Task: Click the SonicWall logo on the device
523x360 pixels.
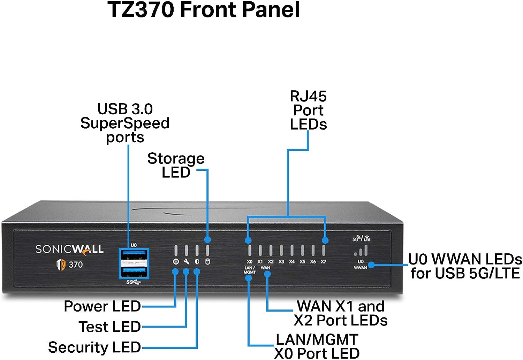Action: (x=69, y=249)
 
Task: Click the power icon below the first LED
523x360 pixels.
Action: (x=176, y=261)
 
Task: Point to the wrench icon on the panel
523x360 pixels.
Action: (x=186, y=261)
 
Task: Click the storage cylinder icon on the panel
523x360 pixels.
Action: (x=207, y=261)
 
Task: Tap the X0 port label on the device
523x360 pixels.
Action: (x=250, y=261)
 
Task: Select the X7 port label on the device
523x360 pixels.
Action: (x=324, y=261)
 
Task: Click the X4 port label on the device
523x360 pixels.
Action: (x=292, y=261)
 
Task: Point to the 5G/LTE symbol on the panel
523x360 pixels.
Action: (x=361, y=239)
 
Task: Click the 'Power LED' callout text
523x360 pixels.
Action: (x=102, y=306)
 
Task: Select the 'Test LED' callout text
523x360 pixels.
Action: (x=109, y=327)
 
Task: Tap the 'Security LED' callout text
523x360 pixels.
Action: (x=94, y=347)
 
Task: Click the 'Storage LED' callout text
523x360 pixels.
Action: (x=176, y=165)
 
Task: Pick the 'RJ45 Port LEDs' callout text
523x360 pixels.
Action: (x=308, y=110)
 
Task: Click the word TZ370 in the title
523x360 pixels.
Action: (x=141, y=9)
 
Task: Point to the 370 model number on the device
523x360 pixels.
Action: (x=76, y=265)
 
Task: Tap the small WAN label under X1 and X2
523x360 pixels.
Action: (x=265, y=268)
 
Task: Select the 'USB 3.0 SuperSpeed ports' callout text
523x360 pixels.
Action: (x=125, y=123)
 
